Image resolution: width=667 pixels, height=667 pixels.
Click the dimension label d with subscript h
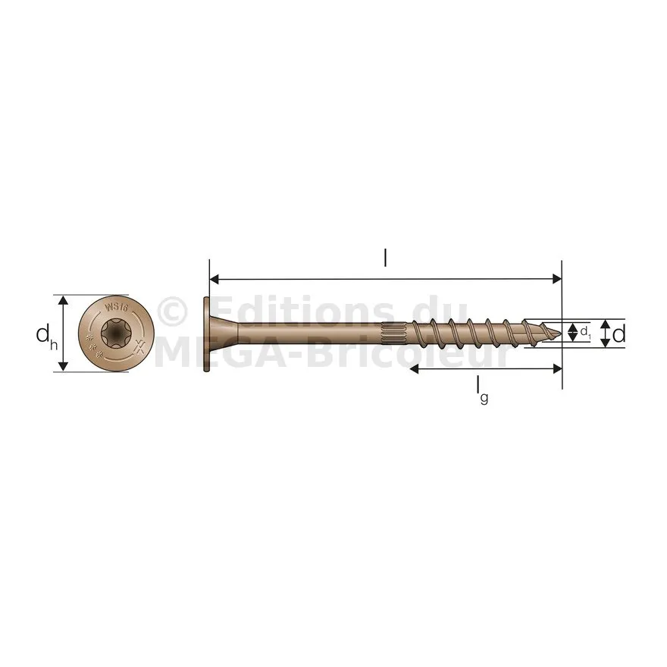click(x=46, y=336)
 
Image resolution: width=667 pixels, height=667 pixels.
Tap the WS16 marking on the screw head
click(x=116, y=307)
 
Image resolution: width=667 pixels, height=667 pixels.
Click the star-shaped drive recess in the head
click(x=116, y=333)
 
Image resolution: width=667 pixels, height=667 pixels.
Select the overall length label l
click(x=385, y=258)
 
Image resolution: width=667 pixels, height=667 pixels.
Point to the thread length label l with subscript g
click(x=481, y=390)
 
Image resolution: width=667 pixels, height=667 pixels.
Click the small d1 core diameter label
click(x=586, y=331)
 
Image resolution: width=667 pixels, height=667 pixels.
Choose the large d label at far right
click(x=619, y=334)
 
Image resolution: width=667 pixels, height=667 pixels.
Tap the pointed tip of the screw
click(x=561, y=333)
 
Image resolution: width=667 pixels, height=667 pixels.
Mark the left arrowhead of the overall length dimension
click(x=215, y=279)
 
